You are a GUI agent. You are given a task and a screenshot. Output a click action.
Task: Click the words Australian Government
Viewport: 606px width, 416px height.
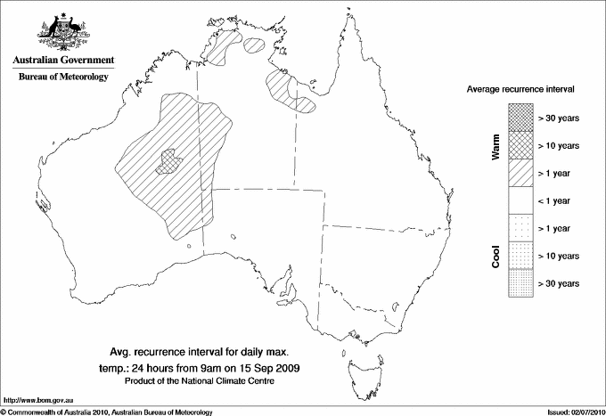click(63, 61)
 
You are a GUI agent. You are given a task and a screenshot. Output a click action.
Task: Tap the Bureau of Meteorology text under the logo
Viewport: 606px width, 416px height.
click(63, 77)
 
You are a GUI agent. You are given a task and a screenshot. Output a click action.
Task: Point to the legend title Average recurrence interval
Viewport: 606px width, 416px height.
click(520, 90)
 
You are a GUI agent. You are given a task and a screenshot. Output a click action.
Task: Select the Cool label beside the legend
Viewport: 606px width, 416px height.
click(495, 256)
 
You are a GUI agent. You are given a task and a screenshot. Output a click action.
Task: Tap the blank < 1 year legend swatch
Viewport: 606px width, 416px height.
click(520, 200)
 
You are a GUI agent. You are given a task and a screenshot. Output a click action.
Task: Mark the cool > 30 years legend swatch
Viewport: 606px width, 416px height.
click(520, 283)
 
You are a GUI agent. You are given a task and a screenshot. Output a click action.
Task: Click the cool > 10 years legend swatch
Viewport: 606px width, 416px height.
click(520, 256)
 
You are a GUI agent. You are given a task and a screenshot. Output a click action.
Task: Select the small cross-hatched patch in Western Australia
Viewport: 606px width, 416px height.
click(169, 161)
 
